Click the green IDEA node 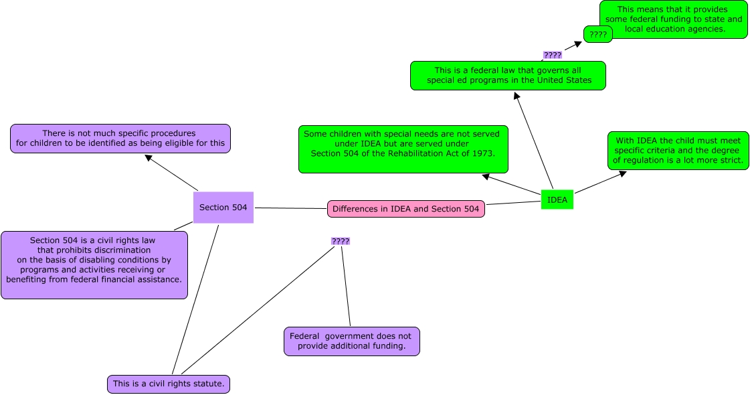pyautogui.click(x=557, y=200)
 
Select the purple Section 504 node pyautogui.click(x=223, y=208)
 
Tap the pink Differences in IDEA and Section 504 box pyautogui.click(x=405, y=209)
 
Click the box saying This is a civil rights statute pyautogui.click(x=169, y=384)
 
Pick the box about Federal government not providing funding pyautogui.click(x=351, y=341)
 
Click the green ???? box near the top pyautogui.click(x=597, y=34)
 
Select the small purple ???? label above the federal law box pyautogui.click(x=552, y=55)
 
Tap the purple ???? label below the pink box pyautogui.click(x=341, y=241)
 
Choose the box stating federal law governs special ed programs pyautogui.click(x=508, y=75)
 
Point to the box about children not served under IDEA pyautogui.click(x=403, y=148)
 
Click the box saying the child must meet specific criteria pyautogui.click(x=678, y=151)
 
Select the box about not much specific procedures pyautogui.click(x=120, y=138)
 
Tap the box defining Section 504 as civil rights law pyautogui.click(x=94, y=264)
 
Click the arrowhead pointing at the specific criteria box pyautogui.click(x=622, y=173)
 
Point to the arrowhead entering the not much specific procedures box pyautogui.click(x=149, y=159)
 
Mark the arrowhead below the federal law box pyautogui.click(x=516, y=96)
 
